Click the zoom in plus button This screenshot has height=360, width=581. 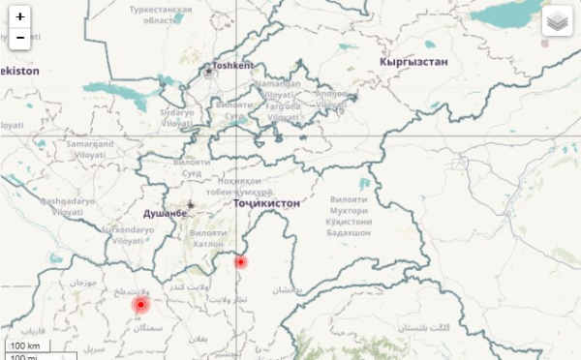pyautogui.click(x=20, y=16)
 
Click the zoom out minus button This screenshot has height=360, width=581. pyautogui.click(x=20, y=38)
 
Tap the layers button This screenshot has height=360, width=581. pyautogui.click(x=557, y=20)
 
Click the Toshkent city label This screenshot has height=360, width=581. pyautogui.click(x=233, y=66)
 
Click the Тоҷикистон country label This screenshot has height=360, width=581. pyautogui.click(x=266, y=204)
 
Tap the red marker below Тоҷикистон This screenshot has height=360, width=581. pyautogui.click(x=241, y=261)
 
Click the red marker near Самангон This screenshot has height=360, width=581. pyautogui.click(x=140, y=306)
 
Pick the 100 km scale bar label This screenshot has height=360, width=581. pyautogui.click(x=27, y=345)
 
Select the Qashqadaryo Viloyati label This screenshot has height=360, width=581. pyautogui.click(x=69, y=205)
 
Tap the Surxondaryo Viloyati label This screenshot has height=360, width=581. pyautogui.click(x=129, y=234)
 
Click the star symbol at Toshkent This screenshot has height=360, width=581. pyautogui.click(x=207, y=70)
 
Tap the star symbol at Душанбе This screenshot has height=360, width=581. pyautogui.click(x=190, y=204)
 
